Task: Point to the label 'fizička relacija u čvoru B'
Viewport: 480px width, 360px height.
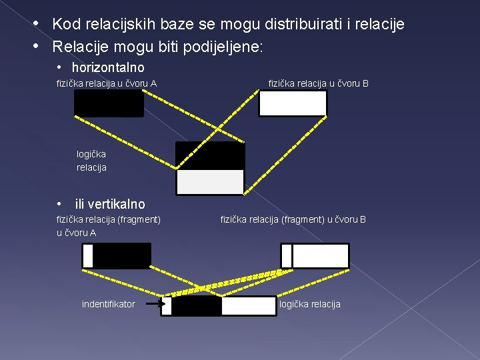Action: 319,83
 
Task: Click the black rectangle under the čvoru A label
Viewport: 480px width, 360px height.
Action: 109,103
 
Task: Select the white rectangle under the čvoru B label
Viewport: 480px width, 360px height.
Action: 293,103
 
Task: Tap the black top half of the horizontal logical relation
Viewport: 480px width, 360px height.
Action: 210,156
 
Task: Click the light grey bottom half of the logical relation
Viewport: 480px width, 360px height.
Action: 210,182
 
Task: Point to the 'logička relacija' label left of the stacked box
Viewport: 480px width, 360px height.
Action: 91,161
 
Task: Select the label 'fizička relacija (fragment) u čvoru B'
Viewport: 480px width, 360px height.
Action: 293,219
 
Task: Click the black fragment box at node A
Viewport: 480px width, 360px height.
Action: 121,256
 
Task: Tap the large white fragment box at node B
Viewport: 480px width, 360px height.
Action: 321,256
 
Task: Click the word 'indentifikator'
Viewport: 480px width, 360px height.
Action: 108,304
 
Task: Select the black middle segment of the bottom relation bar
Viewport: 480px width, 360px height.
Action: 197,306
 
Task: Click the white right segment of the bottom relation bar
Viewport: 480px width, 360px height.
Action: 248,306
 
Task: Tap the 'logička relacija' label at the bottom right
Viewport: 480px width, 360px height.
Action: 309,304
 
